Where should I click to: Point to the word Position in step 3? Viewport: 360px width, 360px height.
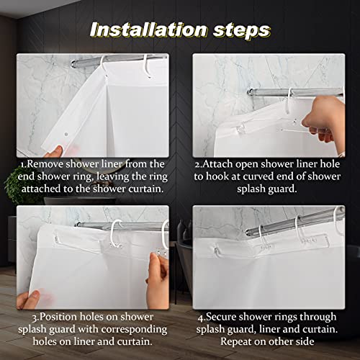[58, 316]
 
